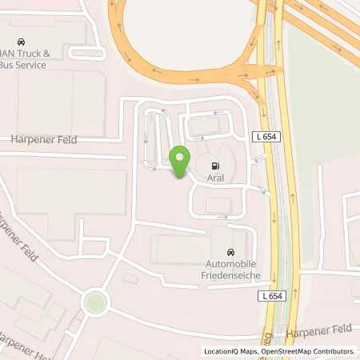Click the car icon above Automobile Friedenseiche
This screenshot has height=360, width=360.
[232, 251]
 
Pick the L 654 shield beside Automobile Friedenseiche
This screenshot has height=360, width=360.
[274, 296]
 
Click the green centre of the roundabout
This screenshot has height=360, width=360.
[95, 302]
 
